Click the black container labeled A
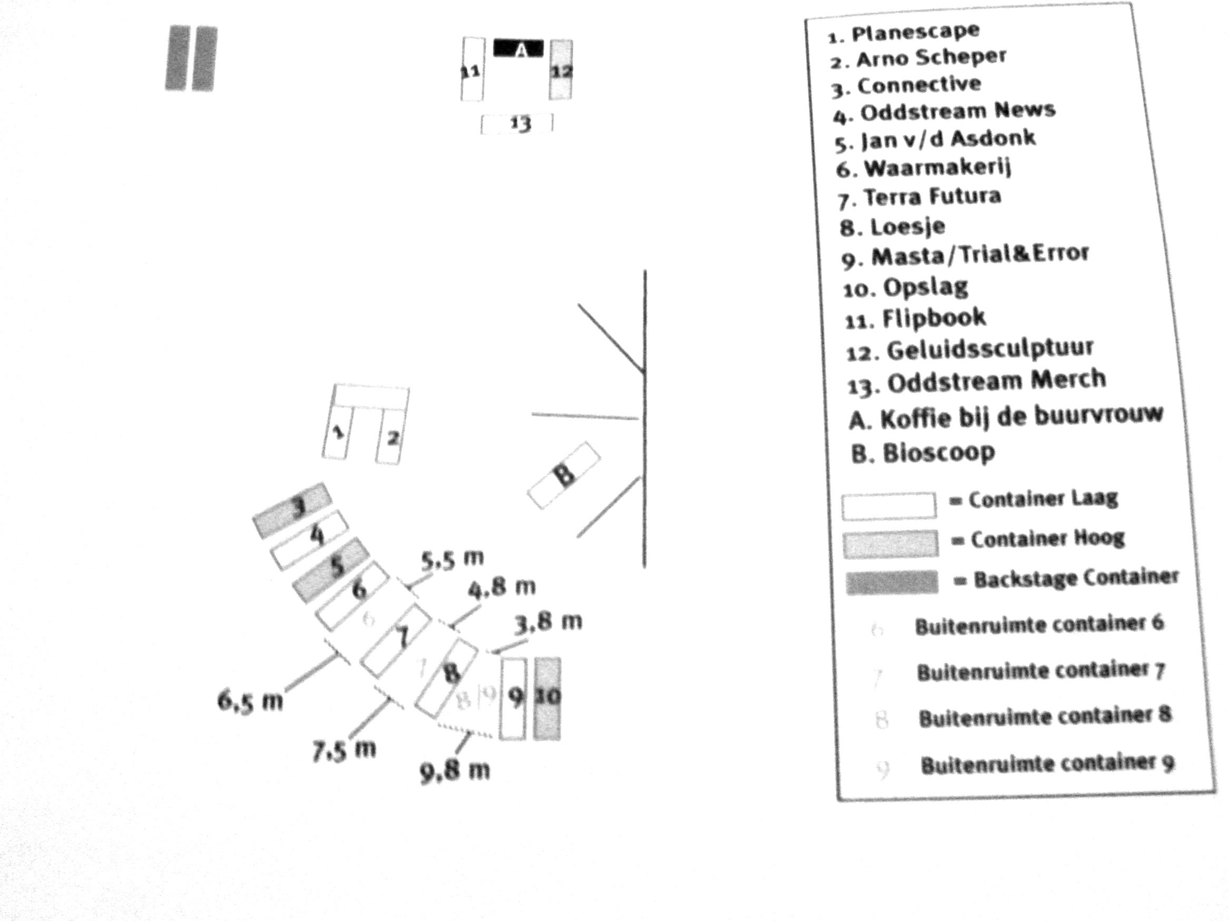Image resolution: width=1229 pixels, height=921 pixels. [x=519, y=49]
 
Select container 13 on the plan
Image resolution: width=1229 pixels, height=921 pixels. [x=516, y=123]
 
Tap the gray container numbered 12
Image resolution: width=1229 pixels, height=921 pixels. [x=561, y=70]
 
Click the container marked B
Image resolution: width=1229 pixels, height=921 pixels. [x=564, y=475]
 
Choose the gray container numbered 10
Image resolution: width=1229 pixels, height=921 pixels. [x=547, y=698]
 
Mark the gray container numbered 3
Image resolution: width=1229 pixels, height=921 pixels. [x=293, y=510]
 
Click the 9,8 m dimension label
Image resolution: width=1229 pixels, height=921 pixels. [x=455, y=770]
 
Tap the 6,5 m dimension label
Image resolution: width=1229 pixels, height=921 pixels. [x=250, y=701]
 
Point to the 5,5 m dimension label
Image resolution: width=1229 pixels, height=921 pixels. [x=452, y=559]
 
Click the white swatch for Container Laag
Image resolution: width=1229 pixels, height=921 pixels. [x=889, y=506]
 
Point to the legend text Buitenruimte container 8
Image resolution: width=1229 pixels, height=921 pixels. [x=1045, y=716]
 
